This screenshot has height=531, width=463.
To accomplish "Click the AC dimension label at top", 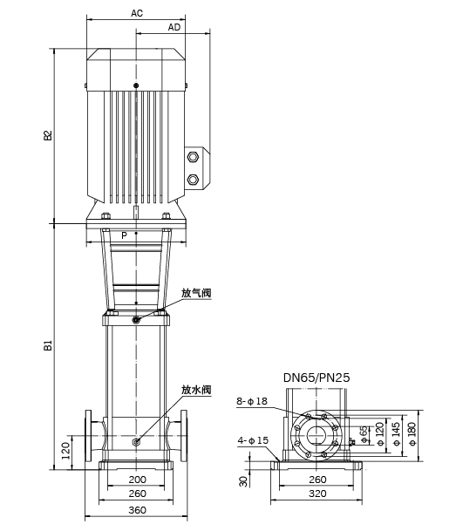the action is pos(137,13).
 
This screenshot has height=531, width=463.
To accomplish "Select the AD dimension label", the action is pos(174,27).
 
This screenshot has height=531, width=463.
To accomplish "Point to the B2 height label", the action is pos(49,135).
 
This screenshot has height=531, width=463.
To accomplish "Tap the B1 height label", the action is pos(49,345).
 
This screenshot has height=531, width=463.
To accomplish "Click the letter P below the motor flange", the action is pos(125,235).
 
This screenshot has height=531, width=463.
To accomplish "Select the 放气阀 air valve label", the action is pos(196,293).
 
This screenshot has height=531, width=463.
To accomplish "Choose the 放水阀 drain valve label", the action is pos(196,390).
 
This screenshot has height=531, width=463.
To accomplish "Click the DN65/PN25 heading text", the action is pos(317,378).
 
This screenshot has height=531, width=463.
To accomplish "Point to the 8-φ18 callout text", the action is pos(252,401).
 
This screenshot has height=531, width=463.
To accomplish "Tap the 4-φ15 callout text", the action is pos(253,440).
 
